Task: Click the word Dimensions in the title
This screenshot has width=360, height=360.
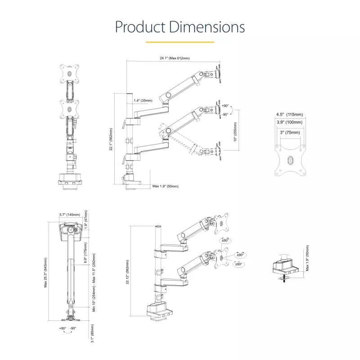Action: (207, 27)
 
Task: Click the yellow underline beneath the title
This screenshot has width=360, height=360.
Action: (180, 42)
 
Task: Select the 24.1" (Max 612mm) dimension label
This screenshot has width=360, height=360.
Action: (175, 58)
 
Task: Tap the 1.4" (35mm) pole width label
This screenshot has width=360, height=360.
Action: (143, 100)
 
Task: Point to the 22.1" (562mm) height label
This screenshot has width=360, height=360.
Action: (111, 139)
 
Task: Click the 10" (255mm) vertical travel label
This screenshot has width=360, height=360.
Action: (235, 132)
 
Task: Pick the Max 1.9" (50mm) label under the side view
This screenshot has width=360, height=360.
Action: (165, 186)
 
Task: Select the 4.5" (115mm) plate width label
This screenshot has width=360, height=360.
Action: (289, 114)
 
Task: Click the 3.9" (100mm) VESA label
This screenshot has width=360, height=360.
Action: (289, 122)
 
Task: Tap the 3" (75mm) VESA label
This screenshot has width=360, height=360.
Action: (290, 132)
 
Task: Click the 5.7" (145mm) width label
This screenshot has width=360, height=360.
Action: (70, 215)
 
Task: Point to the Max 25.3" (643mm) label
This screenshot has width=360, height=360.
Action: (45, 273)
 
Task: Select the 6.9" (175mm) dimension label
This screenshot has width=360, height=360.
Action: (85, 252)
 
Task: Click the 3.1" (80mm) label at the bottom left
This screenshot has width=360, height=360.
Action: (92, 333)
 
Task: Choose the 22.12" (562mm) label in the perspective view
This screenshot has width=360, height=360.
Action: (127, 272)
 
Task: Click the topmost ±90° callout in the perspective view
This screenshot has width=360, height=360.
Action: (225, 240)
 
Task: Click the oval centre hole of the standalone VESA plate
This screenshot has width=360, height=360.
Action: (290, 160)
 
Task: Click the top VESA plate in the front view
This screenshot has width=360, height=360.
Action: (70, 73)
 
